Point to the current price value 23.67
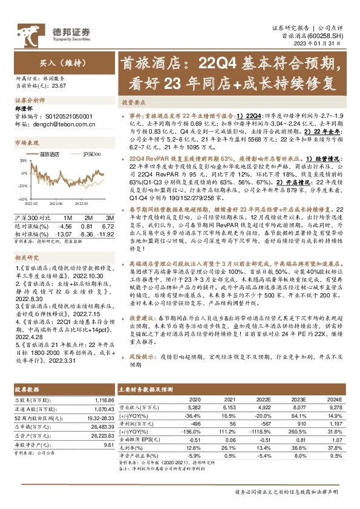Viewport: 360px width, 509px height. click(59, 86)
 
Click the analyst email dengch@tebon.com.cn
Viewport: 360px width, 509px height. click(67, 124)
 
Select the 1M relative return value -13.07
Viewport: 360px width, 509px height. click(64, 233)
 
